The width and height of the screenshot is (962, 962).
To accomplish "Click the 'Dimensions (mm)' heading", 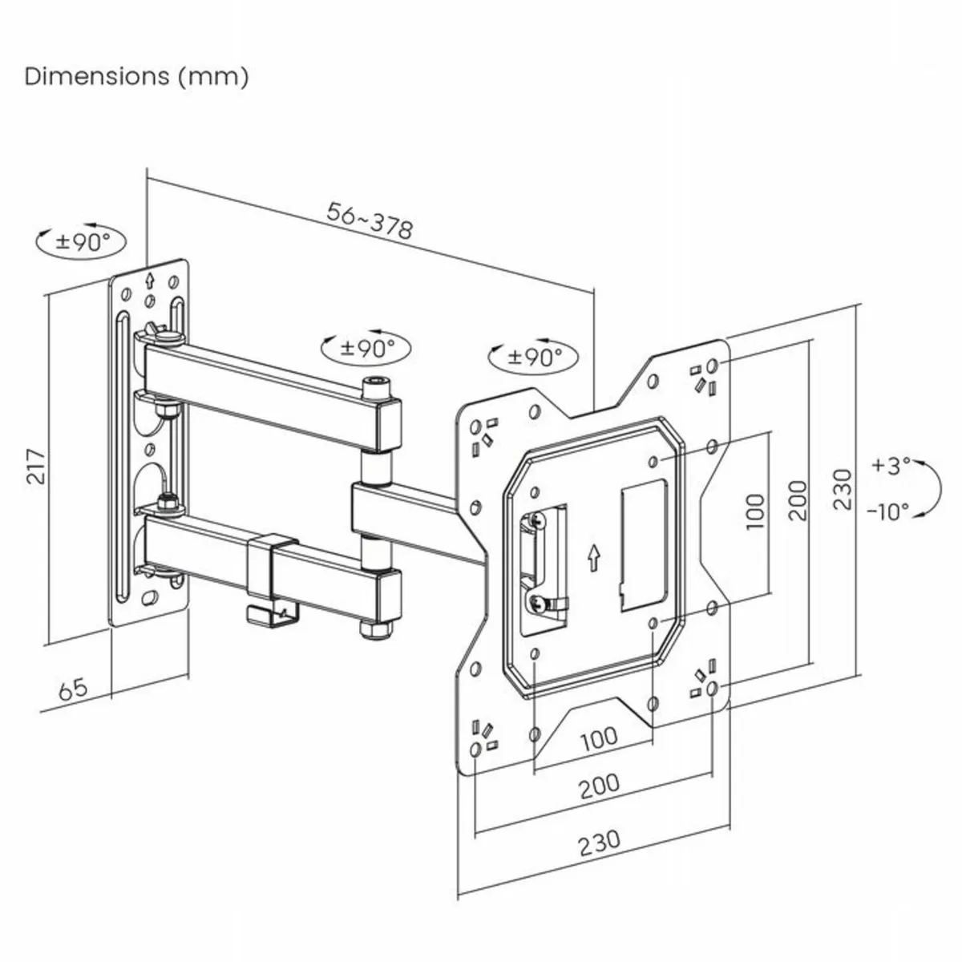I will tap(137, 77).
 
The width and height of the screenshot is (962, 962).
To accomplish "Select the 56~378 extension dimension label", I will tap(370, 219).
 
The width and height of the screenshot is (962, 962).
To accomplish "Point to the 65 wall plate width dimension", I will tap(72, 689).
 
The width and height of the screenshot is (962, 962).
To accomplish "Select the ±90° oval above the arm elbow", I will tap(367, 347).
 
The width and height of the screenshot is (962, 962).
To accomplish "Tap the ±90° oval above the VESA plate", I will tap(535, 355).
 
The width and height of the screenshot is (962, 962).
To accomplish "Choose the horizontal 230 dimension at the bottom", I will tap(600, 841).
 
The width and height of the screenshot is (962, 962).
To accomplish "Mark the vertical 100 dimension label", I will tap(755, 511).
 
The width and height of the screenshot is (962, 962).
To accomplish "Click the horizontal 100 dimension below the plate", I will tap(599, 737).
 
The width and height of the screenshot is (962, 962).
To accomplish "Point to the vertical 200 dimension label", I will tap(798, 500).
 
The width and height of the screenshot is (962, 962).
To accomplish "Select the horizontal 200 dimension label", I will tap(600, 785).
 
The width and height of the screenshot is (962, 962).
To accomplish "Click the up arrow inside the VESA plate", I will tap(592, 556).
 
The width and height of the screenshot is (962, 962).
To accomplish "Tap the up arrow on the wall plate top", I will tap(149, 281).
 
